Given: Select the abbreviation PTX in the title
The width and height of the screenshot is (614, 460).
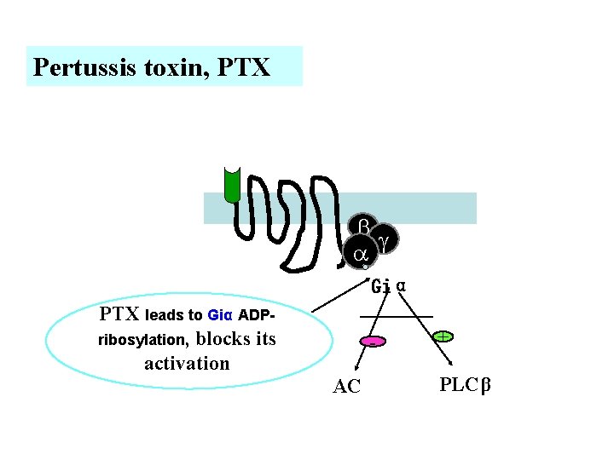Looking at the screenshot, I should click(x=245, y=67).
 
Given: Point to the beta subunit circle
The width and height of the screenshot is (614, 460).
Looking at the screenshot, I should click(x=363, y=227).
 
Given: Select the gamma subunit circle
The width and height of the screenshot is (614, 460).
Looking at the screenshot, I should click(x=384, y=242).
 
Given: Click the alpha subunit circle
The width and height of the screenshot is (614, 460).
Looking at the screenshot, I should click(x=360, y=254).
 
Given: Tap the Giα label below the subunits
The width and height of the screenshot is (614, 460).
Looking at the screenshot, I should click(x=388, y=286).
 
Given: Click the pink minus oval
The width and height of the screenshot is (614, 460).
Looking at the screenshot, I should click(x=373, y=342).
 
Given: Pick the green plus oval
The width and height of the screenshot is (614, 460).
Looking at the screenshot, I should click(x=443, y=337).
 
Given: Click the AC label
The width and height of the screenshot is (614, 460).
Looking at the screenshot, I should click(x=346, y=387).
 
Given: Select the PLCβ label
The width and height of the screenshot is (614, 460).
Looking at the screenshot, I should click(x=466, y=384).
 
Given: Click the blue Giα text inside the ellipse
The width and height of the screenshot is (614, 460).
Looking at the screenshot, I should click(x=220, y=314).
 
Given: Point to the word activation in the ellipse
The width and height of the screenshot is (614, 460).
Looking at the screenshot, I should click(x=187, y=364).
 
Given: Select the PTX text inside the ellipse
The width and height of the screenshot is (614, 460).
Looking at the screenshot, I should click(x=120, y=313).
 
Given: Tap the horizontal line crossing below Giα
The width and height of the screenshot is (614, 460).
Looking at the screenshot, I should click(x=396, y=317).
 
